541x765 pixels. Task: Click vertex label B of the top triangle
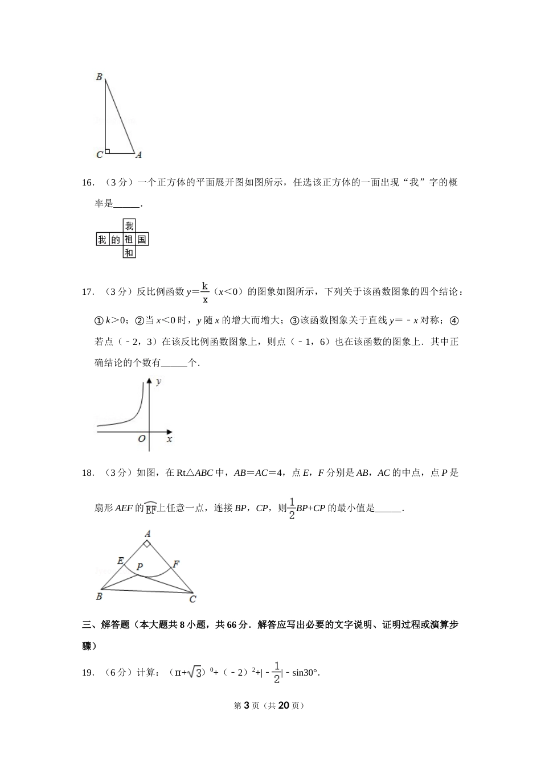[x=99, y=77]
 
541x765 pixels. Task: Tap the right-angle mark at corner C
[x=107, y=151]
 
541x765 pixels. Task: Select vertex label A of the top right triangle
[x=138, y=155]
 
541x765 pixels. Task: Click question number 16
[x=87, y=183]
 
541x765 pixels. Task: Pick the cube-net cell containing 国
[x=142, y=239]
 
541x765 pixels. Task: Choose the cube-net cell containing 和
[x=129, y=252]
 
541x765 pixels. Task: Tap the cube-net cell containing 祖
[x=129, y=239]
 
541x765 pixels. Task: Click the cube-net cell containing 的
[x=116, y=239]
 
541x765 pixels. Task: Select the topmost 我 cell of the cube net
[x=129, y=226]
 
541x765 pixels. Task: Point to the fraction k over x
[x=205, y=292]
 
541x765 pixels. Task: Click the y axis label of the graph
[x=159, y=381]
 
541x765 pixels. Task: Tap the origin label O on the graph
[x=142, y=439]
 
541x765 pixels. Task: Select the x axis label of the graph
[x=169, y=439]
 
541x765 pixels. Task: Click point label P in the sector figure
[x=139, y=567]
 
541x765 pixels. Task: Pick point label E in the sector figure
[x=120, y=561]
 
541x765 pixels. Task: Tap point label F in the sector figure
[x=176, y=564]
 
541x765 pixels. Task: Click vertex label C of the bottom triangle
[x=192, y=599]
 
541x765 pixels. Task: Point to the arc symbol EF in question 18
[x=151, y=508]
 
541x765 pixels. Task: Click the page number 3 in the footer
[x=247, y=705]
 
